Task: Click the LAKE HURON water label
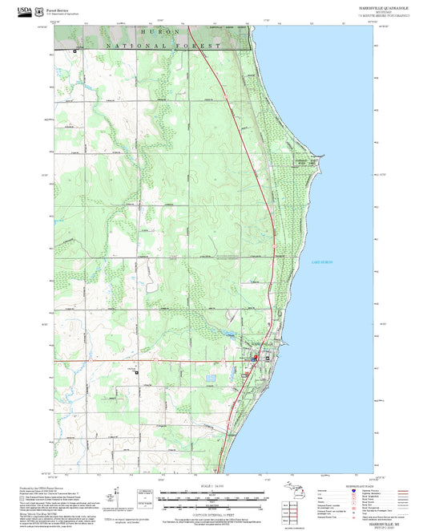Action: tap(320, 263)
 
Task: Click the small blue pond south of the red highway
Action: tap(211, 377)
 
